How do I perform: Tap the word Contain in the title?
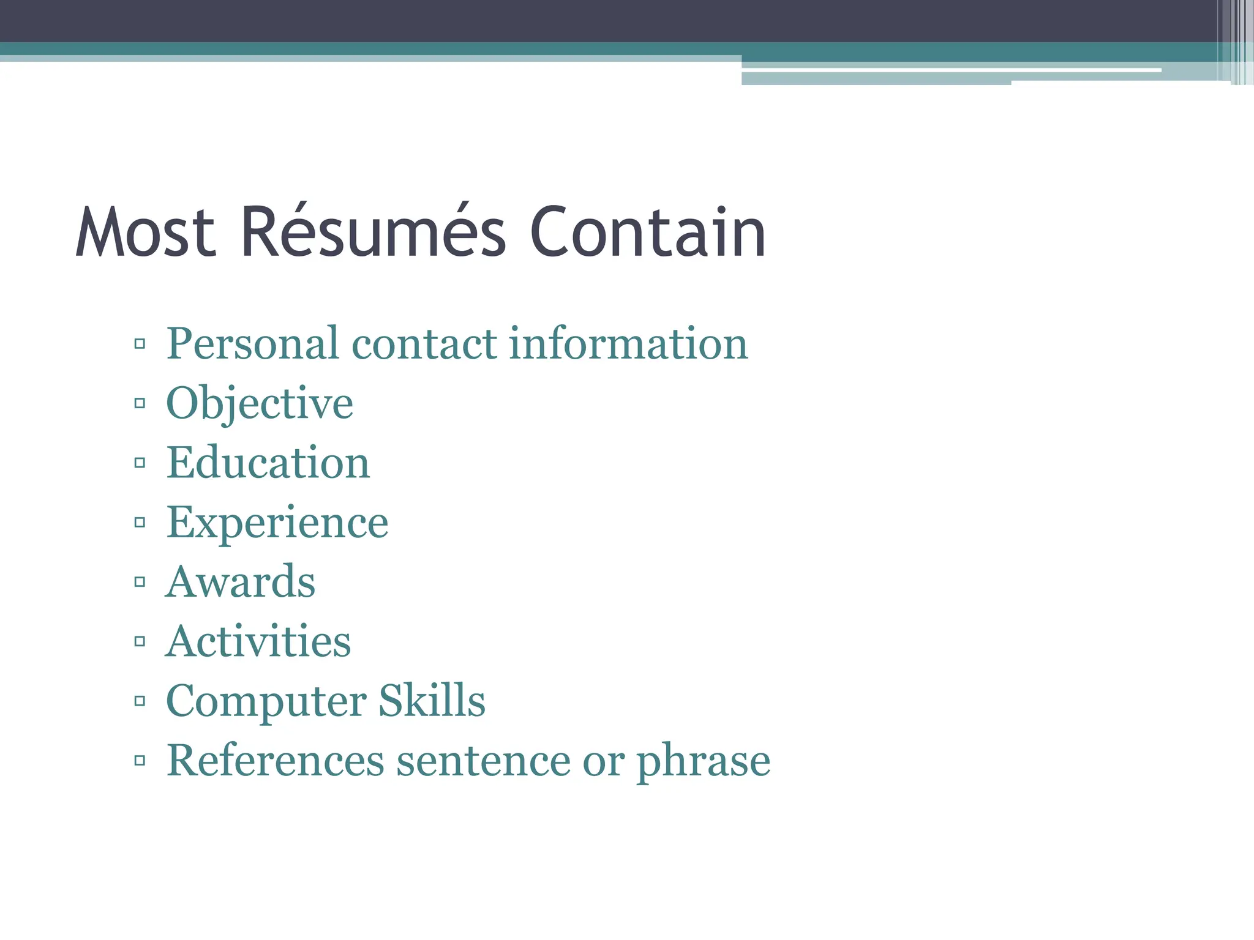click(x=647, y=233)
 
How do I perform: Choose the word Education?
click(x=268, y=463)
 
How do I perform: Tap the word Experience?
click(x=277, y=523)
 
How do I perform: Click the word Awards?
click(x=241, y=581)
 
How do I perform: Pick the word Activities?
click(x=258, y=641)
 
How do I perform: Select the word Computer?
click(x=266, y=701)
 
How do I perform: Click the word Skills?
click(x=432, y=700)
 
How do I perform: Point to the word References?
click(x=276, y=761)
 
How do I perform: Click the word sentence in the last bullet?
click(x=483, y=761)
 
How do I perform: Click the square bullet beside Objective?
click(x=140, y=403)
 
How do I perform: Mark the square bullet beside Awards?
click(x=140, y=581)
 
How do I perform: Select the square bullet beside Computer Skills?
click(x=140, y=701)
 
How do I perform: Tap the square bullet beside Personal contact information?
click(x=140, y=343)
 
